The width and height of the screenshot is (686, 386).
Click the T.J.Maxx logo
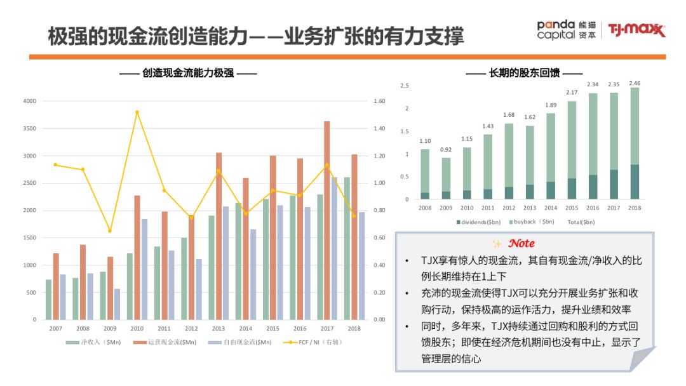click(x=636, y=30)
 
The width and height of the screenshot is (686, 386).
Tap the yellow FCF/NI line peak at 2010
click(x=137, y=112)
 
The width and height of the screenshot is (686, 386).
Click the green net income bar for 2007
click(x=48, y=299)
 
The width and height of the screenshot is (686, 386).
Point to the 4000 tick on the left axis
click(x=29, y=101)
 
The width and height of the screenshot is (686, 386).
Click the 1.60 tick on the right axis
click(x=380, y=101)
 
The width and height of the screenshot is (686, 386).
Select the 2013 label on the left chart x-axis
click(x=219, y=328)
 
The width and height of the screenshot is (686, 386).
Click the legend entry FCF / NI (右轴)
click(x=311, y=342)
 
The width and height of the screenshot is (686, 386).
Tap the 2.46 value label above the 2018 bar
click(x=635, y=83)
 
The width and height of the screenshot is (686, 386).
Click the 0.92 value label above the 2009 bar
click(x=446, y=150)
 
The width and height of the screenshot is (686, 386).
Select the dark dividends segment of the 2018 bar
click(x=635, y=182)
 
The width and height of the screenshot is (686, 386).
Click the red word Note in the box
click(x=521, y=243)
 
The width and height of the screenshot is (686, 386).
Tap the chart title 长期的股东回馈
click(x=524, y=73)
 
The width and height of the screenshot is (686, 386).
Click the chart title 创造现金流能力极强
click(x=188, y=73)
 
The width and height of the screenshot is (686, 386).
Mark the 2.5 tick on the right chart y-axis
click(x=405, y=86)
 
